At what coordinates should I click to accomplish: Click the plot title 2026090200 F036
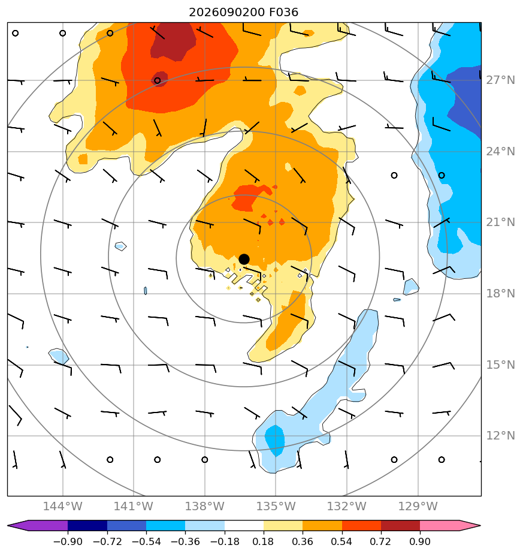243,13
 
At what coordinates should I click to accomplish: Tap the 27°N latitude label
500,80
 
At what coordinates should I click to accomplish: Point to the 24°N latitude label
500,151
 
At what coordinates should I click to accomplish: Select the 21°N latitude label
500,222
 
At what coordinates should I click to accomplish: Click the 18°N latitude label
500,293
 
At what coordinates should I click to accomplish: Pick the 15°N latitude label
500,365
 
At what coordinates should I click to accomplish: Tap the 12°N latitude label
500,436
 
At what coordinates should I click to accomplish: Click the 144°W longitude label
62,506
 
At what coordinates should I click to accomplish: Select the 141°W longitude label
134,506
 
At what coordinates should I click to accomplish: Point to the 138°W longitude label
205,506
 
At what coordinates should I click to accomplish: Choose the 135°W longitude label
276,506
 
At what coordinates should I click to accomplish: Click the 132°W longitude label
347,506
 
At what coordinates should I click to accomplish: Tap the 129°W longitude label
418,506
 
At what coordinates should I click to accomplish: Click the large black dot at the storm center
244,260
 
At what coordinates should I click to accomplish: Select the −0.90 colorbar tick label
68,541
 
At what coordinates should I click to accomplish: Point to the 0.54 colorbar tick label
342,541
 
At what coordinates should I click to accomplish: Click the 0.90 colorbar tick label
420,541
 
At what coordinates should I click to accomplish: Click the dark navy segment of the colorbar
87,525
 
